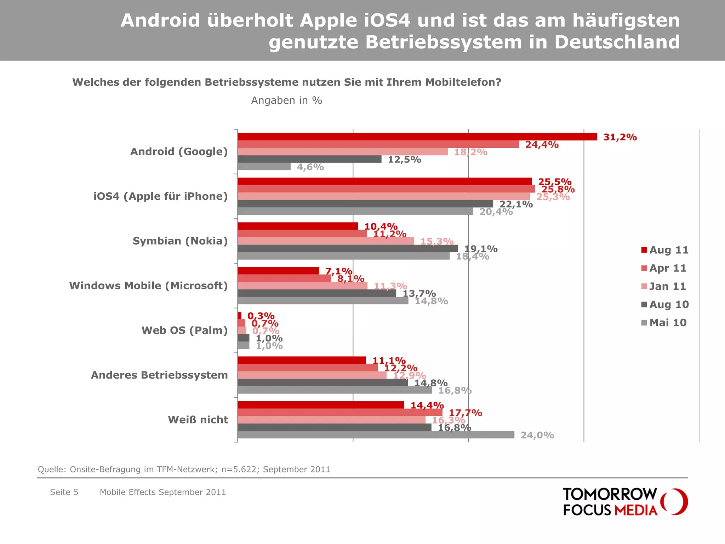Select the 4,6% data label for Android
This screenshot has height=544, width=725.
point(310,167)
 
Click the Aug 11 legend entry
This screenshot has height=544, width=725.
point(665,250)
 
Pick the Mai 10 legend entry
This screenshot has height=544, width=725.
point(664,323)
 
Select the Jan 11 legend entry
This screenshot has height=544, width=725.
point(664,286)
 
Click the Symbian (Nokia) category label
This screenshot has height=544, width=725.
point(180,241)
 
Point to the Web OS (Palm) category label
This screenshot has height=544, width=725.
point(184,330)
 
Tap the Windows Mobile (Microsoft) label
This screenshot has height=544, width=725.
point(148,285)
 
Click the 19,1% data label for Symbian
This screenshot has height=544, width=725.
point(481,249)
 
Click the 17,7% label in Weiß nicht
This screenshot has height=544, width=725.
point(465,413)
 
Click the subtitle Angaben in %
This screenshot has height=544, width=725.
point(286,101)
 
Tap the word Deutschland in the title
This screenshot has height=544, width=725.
point(617,42)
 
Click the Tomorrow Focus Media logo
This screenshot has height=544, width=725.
point(625,501)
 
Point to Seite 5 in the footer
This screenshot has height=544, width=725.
point(64,492)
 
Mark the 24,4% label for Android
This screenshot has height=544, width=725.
point(542,144)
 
